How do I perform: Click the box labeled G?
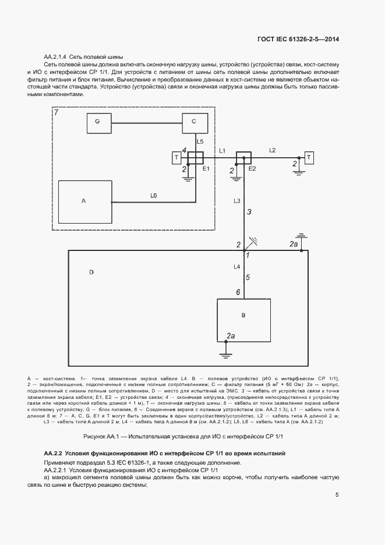coord(98,122)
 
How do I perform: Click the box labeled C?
coord(195,122)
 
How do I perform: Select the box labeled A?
coord(83,200)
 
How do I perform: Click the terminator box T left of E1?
coord(176,158)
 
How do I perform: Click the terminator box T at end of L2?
coord(309,157)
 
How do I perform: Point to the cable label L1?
coord(221,151)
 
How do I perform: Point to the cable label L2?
coord(272,150)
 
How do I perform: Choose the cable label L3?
coord(236,200)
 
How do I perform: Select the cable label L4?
coord(236,266)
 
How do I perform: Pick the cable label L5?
coord(200,141)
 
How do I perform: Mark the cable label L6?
coord(154,196)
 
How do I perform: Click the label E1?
coord(205,169)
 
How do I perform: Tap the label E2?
coord(252,168)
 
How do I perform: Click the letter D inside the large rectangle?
coord(91,272)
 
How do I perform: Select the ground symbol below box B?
coord(225,351)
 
